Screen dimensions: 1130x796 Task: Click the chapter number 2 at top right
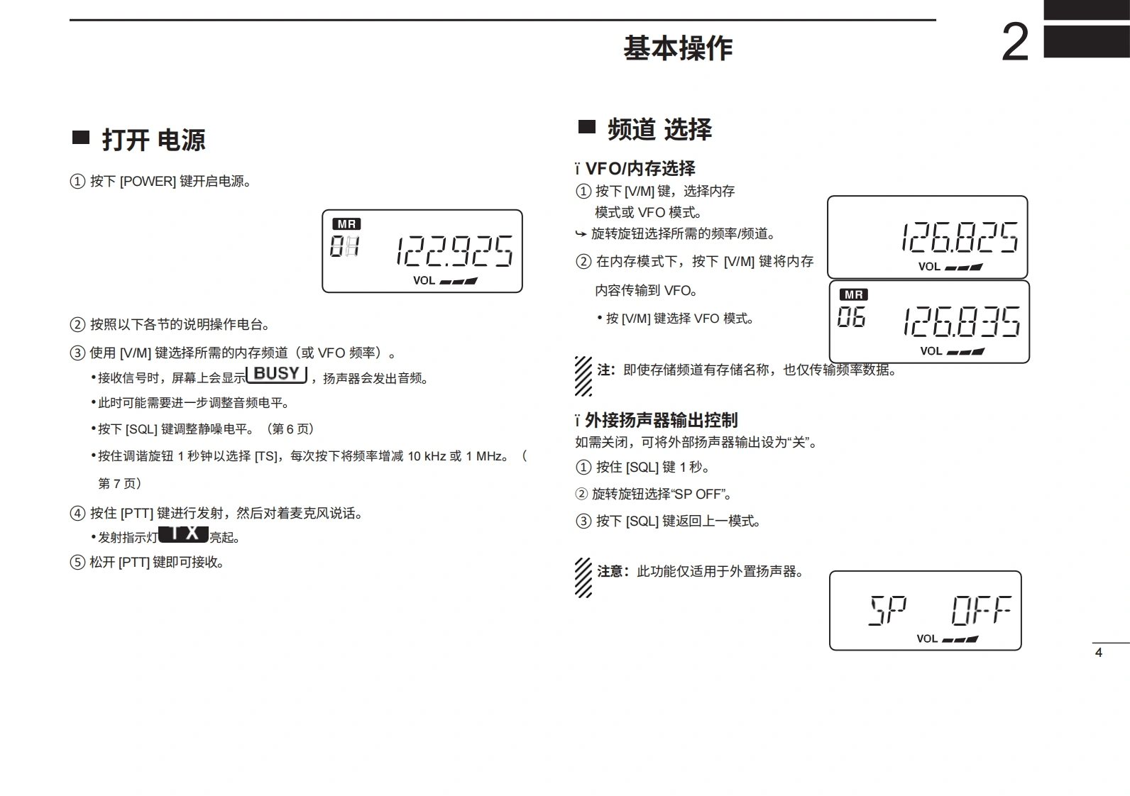click(1015, 43)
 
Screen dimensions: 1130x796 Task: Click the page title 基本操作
click(678, 48)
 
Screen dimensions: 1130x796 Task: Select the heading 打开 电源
click(153, 140)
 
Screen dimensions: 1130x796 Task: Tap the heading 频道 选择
click(659, 129)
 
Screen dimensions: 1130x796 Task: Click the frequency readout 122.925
click(454, 251)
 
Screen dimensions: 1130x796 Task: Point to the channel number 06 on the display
click(851, 317)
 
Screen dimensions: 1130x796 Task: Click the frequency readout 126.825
click(959, 237)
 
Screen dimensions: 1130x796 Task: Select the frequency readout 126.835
click(961, 321)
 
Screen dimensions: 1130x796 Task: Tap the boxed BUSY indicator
click(277, 374)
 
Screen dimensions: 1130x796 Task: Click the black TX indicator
click(184, 534)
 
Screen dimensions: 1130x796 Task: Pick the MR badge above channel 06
click(854, 294)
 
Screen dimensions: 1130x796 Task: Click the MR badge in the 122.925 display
click(346, 224)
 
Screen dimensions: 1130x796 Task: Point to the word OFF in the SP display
click(982, 610)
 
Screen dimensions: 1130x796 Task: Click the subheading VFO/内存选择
click(640, 168)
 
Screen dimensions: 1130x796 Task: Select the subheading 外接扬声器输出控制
click(661, 420)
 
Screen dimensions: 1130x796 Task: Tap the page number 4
click(1099, 653)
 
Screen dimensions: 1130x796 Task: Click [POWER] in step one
click(148, 182)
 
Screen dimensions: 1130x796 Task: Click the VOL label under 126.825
click(929, 267)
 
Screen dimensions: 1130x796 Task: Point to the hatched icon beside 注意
click(583, 577)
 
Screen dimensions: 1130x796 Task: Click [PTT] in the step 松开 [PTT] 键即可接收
click(133, 563)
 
